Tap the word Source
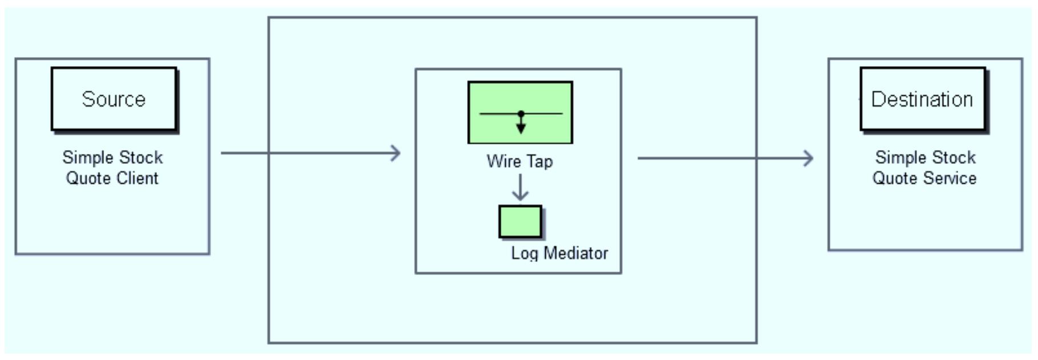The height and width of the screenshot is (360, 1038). click(113, 99)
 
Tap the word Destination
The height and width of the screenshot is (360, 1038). click(922, 99)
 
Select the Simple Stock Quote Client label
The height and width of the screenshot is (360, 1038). click(112, 168)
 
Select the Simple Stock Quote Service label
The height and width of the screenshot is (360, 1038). click(925, 168)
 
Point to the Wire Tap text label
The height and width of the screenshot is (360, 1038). click(520, 161)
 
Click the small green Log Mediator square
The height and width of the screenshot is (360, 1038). click(520, 222)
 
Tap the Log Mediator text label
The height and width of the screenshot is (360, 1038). click(559, 253)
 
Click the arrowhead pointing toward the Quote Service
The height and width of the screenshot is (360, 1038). click(809, 158)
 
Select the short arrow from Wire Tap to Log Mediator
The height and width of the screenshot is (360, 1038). click(520, 187)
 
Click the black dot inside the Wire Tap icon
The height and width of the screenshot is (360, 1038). click(521, 114)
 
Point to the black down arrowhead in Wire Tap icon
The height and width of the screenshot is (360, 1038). click(521, 128)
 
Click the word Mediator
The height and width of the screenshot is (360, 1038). click(575, 253)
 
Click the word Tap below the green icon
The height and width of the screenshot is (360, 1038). click(539, 162)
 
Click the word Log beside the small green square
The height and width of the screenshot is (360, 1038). click(524, 253)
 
